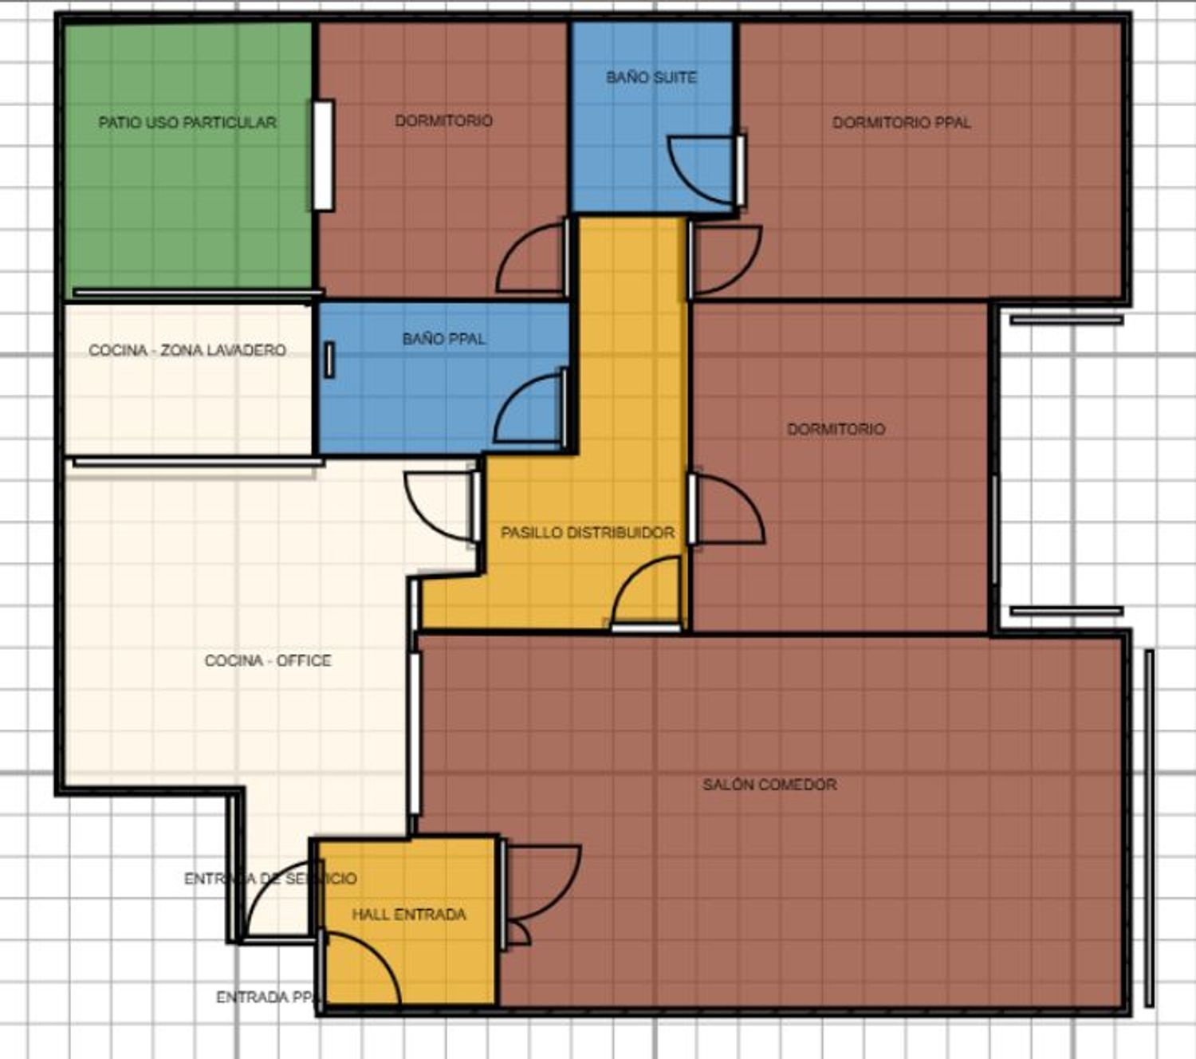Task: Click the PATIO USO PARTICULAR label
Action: coord(187,123)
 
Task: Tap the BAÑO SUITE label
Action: coord(651,77)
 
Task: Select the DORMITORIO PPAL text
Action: coord(902,123)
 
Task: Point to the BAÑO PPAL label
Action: coord(443,339)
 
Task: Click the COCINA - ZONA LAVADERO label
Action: coord(187,350)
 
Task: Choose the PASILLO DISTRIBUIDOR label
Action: coord(588,533)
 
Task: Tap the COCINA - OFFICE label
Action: coord(267,660)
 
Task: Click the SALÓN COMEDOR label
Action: coord(769,785)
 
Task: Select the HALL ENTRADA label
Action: coord(409,915)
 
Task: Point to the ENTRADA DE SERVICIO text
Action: coord(270,879)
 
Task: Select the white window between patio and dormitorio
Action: coord(323,156)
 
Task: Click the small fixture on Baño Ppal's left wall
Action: coord(329,360)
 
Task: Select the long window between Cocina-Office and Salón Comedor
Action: coord(415,733)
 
